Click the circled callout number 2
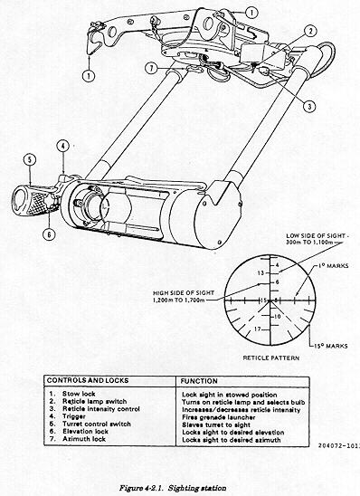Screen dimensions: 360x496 310,31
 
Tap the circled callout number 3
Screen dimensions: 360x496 309,106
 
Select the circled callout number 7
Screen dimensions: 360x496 152,68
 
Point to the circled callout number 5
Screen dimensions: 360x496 30,159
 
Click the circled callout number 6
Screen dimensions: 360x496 50,234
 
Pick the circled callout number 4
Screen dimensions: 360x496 63,146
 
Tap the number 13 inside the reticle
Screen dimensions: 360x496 261,272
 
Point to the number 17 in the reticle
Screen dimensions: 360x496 258,329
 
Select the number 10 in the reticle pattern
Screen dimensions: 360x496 277,316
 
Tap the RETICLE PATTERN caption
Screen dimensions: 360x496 270,358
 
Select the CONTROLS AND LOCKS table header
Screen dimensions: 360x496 88,380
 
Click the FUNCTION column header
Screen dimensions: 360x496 199,381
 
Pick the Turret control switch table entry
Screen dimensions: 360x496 97,424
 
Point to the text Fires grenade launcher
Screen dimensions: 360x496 218,417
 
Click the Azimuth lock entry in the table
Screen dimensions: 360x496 84,439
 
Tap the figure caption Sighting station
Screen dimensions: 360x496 197,488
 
